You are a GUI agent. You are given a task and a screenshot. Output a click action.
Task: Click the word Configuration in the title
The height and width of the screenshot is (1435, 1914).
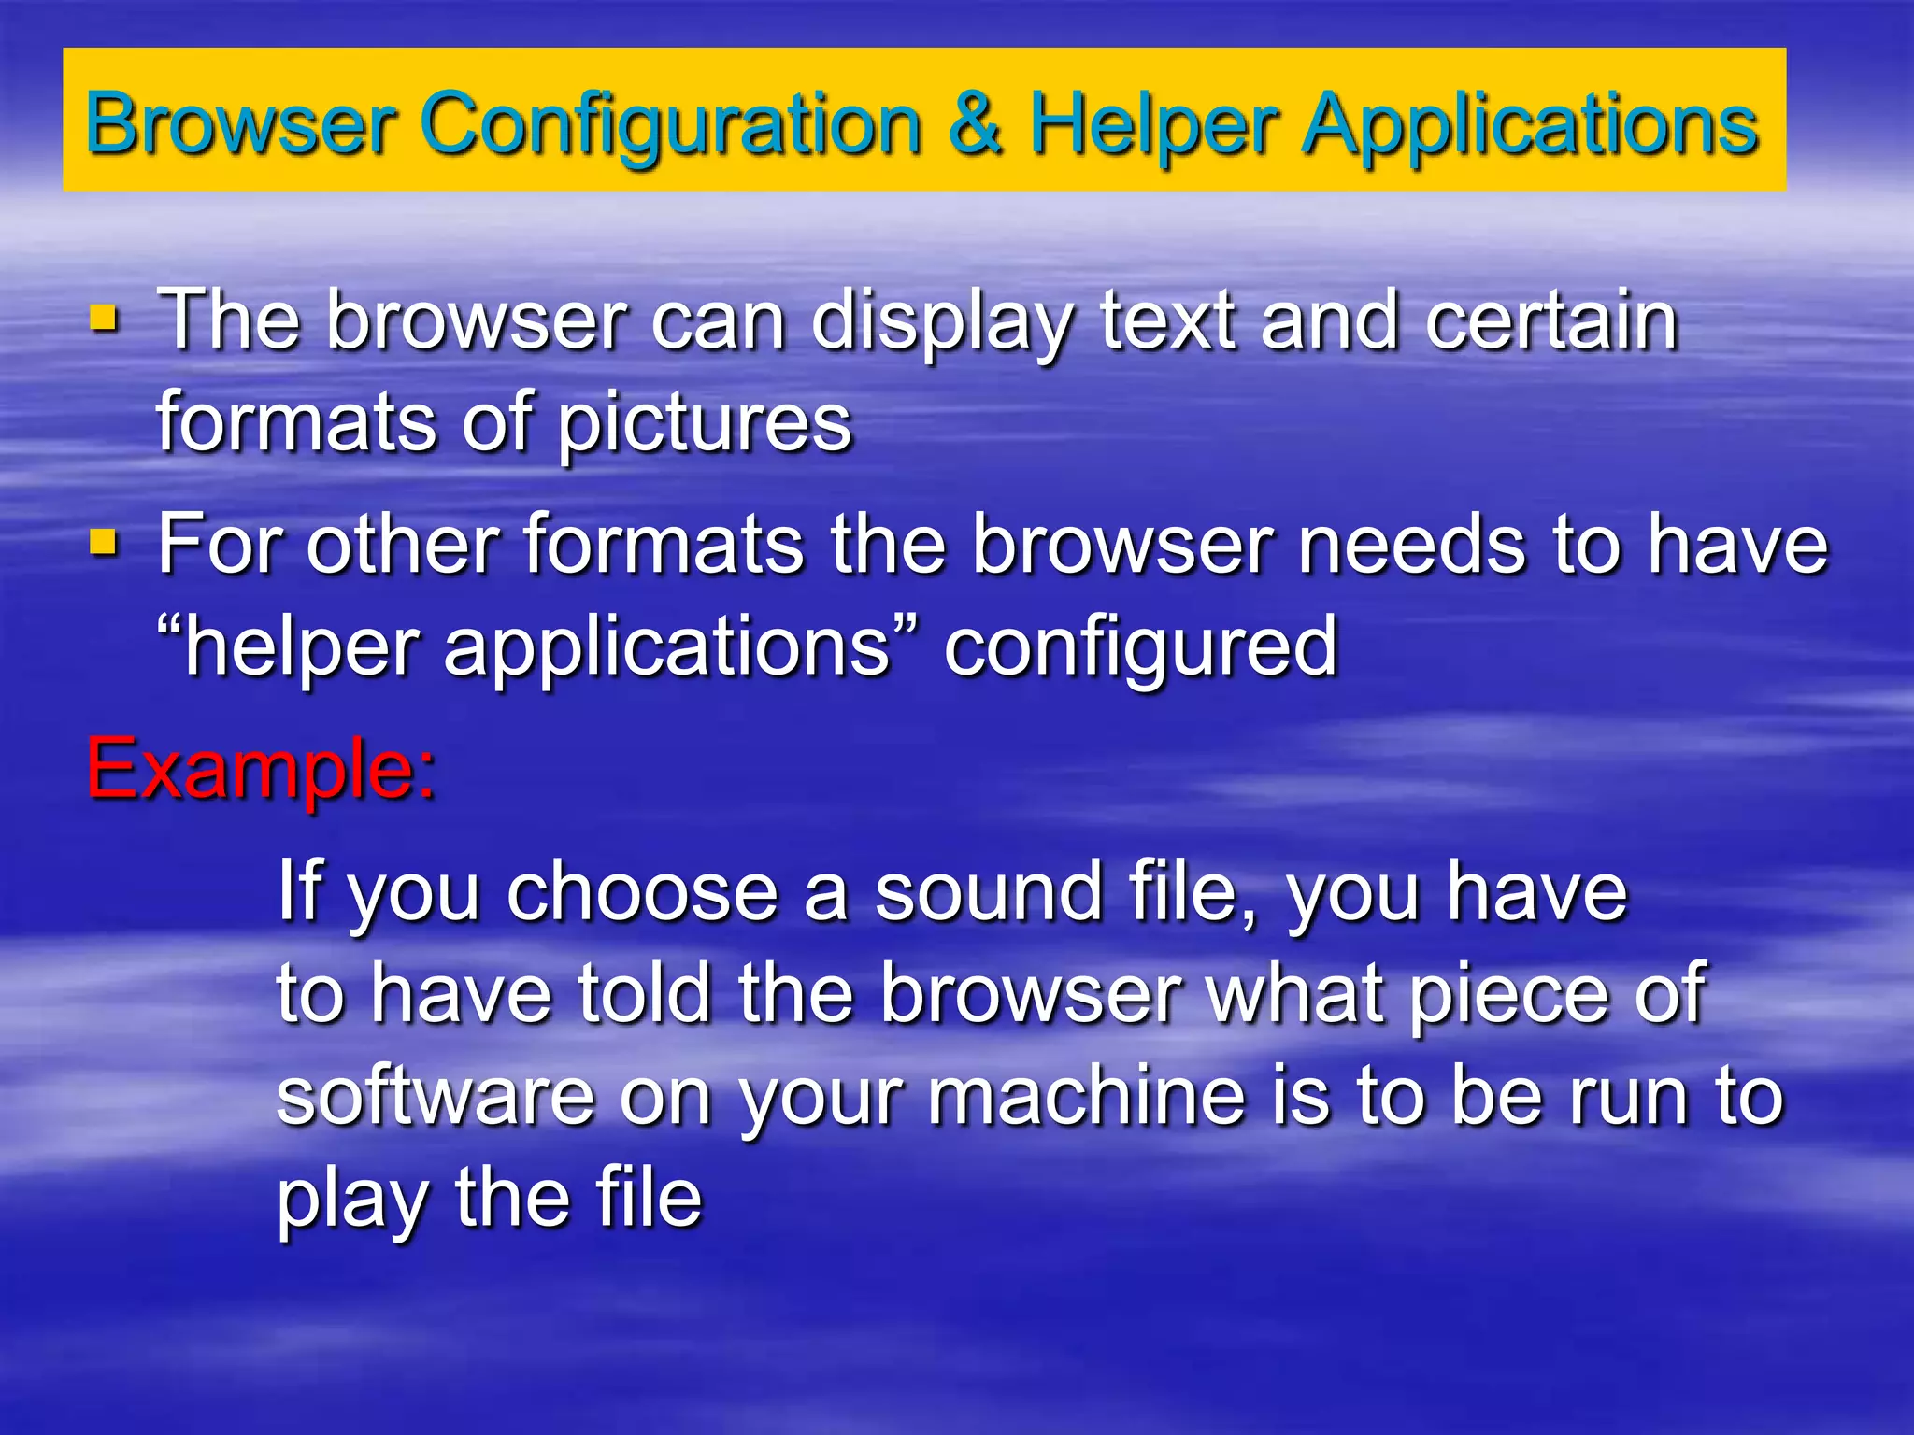[671, 125]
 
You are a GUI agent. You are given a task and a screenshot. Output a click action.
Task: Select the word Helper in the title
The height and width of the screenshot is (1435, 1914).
[1153, 125]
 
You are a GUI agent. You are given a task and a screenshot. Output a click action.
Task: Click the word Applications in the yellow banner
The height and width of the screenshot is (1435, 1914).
[1531, 125]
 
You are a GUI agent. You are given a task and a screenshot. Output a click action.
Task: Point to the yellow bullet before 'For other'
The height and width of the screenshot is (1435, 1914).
[104, 542]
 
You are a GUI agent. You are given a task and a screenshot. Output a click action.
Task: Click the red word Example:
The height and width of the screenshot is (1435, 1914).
[261, 768]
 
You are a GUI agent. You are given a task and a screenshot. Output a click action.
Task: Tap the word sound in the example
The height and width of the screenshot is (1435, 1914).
[990, 891]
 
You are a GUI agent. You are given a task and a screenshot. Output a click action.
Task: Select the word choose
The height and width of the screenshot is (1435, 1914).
[642, 891]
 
